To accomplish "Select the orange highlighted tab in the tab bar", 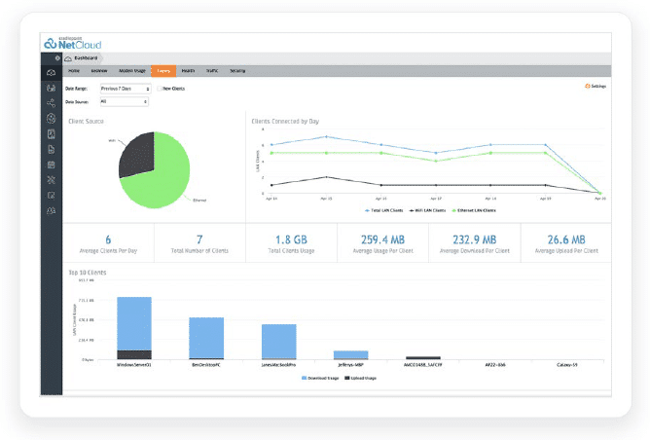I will [162, 71].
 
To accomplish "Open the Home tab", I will [74, 71].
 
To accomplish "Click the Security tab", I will [237, 71].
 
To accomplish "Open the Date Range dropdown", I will [124, 89].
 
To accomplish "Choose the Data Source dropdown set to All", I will [124, 101].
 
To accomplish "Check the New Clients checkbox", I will [160, 89].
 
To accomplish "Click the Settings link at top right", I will [595, 86].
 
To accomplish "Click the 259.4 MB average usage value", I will [382, 239].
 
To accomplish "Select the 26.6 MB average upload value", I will [565, 239].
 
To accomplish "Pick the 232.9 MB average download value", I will [474, 239].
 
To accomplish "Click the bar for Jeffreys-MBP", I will [350, 354].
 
